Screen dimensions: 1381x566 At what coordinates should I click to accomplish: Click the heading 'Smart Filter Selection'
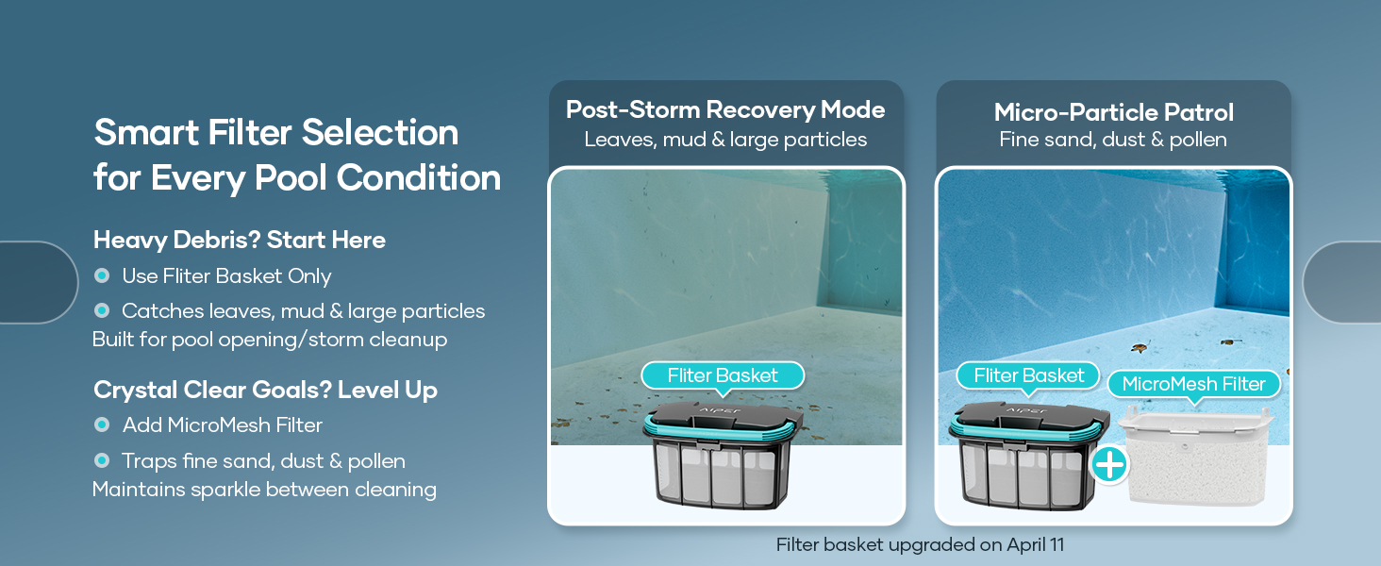276,133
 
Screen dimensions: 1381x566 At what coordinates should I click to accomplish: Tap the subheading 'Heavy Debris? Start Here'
240,240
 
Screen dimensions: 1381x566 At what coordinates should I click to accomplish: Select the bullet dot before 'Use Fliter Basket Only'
102,275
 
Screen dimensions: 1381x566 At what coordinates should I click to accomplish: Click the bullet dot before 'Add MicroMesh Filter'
102,424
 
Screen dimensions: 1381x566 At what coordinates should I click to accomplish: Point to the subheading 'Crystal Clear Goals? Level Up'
265,390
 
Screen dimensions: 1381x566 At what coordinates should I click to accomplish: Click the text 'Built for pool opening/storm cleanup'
270,340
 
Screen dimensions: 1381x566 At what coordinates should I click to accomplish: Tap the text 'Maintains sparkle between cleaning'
264,490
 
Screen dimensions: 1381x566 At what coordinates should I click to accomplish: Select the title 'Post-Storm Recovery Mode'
725,109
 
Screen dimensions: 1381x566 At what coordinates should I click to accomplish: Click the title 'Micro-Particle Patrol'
1113,112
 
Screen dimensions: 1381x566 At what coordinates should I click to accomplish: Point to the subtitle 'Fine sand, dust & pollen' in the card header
1113,140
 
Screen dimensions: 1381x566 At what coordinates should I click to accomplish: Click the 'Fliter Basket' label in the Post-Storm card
723,375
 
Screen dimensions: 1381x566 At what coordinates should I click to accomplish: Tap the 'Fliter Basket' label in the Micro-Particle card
1028,375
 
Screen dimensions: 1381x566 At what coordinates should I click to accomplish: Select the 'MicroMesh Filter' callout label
1193,384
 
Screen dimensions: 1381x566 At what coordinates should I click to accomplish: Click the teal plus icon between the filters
1109,465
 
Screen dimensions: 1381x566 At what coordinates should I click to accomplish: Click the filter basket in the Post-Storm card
723,457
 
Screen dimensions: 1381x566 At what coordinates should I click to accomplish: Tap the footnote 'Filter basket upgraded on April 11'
920,545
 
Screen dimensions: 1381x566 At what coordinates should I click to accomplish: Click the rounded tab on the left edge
39,282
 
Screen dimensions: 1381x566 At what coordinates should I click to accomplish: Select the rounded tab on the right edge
1342,282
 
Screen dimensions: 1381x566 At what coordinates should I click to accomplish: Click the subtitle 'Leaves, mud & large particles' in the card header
725,140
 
